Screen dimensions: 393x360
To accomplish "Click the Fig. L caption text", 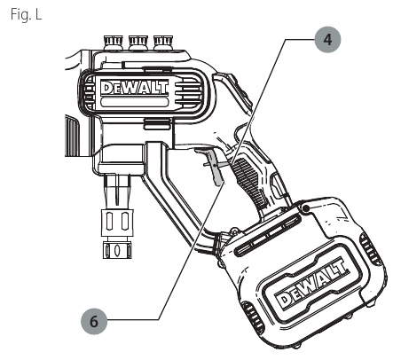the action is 27,14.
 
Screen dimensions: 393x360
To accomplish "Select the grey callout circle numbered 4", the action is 327,39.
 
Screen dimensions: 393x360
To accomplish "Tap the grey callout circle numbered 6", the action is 94,321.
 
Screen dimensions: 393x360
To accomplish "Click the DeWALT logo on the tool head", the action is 135,88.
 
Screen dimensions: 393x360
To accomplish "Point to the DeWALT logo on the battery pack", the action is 312,284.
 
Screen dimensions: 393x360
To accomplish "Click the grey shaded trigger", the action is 215,166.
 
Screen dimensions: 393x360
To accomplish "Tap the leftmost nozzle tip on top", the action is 113,42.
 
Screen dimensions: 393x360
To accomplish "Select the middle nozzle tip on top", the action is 138,42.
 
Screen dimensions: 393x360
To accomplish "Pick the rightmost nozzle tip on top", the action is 163,42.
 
